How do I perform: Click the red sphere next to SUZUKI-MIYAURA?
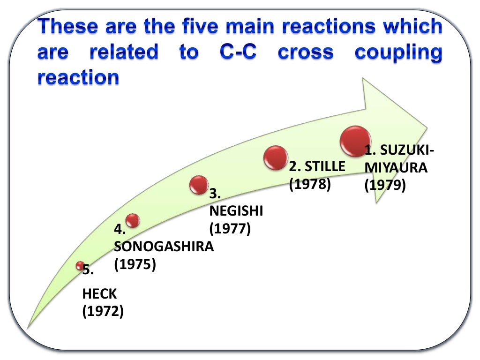(355, 141)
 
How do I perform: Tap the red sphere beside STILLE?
(275, 157)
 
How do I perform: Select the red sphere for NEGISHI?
(199, 185)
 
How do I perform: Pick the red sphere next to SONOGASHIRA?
(133, 220)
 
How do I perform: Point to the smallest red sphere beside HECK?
(80, 266)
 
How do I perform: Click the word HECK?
(99, 294)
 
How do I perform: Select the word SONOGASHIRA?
(164, 247)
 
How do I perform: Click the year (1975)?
(135, 264)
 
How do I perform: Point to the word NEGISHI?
(236, 211)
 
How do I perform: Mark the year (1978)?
(310, 184)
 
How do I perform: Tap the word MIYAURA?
(396, 167)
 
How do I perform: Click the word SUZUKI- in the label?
(406, 150)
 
